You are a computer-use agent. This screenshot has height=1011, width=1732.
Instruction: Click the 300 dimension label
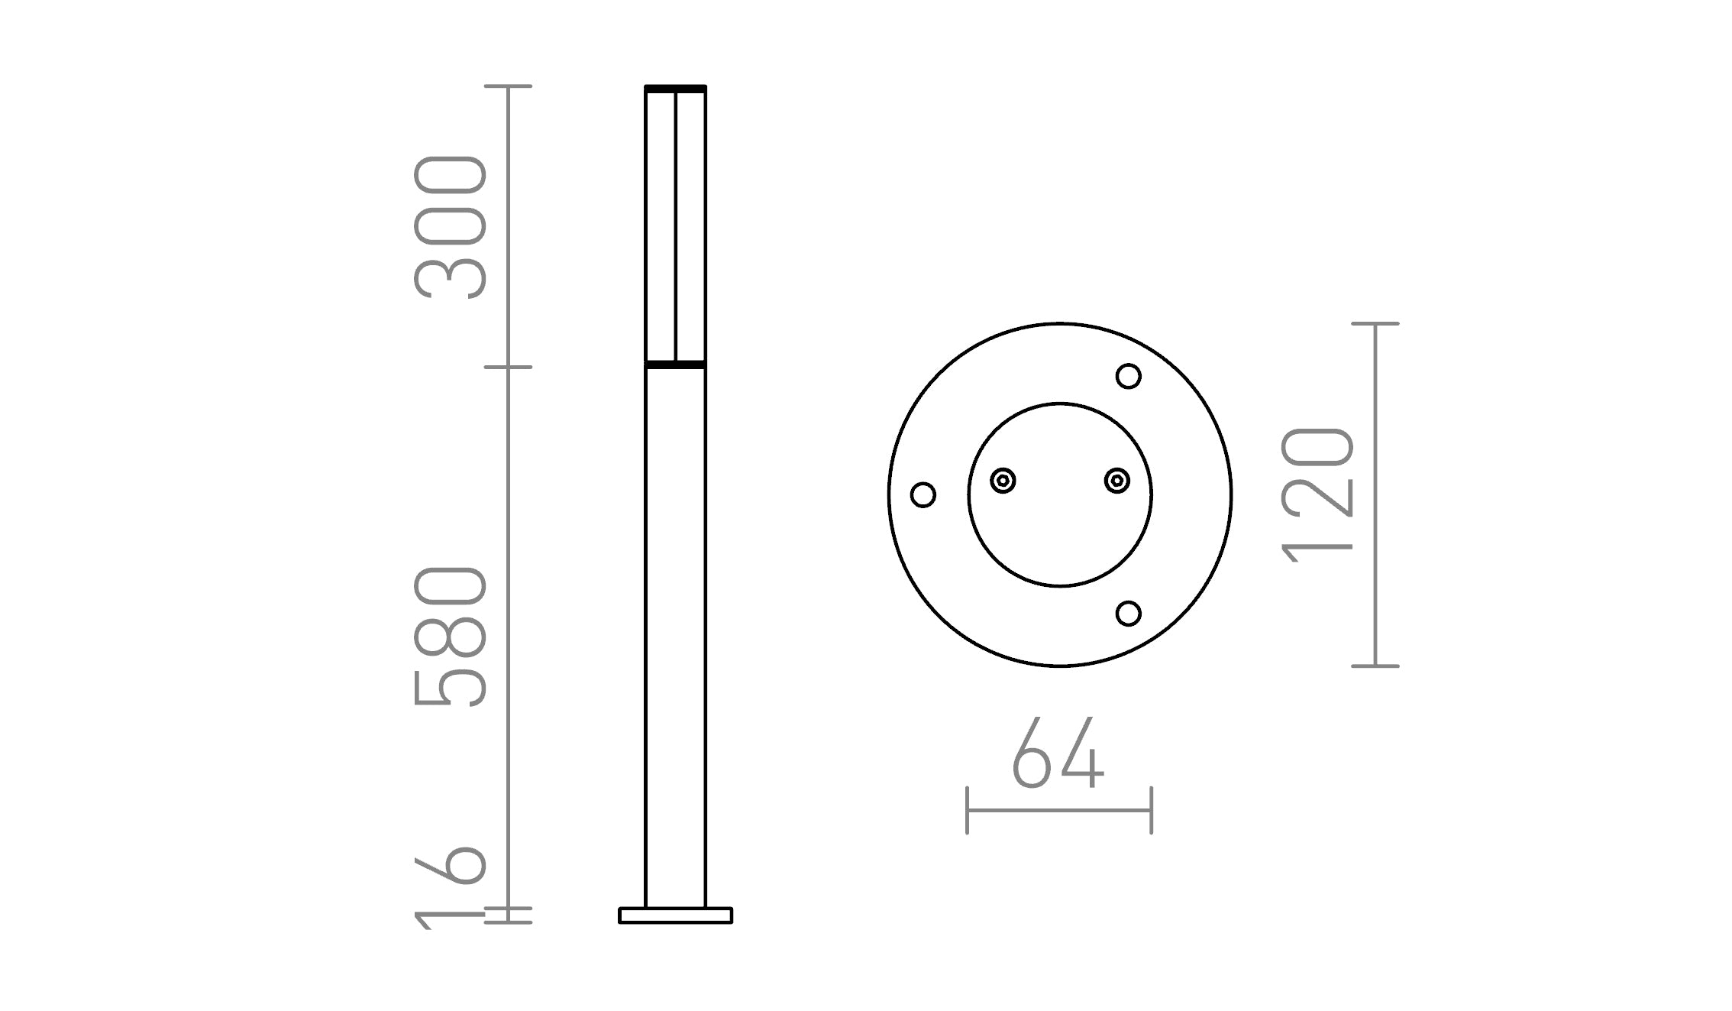(451, 227)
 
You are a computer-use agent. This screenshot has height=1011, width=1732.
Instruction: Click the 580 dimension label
(451, 637)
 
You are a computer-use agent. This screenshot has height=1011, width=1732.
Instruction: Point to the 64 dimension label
(1058, 753)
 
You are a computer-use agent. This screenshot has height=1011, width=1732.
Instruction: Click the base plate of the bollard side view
(675, 915)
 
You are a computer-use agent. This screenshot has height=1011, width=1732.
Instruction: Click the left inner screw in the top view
(1003, 481)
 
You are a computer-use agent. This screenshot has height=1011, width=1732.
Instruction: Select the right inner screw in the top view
(1117, 481)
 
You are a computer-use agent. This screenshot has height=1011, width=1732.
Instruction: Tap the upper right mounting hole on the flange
(1128, 376)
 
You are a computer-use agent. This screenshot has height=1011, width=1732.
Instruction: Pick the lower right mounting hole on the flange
(1128, 613)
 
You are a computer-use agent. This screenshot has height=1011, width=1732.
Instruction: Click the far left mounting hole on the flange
(923, 494)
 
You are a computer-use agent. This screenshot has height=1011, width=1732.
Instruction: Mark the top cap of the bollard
(675, 89)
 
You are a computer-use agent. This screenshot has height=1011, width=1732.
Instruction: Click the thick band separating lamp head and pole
(675, 365)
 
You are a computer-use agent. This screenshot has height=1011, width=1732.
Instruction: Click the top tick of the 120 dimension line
(1375, 324)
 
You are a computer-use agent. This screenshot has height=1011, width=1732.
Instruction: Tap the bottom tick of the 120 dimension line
(1375, 666)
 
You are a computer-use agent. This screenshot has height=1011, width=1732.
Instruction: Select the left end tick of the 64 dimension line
(968, 810)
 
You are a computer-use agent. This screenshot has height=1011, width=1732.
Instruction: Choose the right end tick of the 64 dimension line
(1151, 810)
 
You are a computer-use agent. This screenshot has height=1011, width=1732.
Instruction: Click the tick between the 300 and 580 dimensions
(509, 367)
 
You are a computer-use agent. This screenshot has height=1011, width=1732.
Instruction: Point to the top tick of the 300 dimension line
(509, 86)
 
